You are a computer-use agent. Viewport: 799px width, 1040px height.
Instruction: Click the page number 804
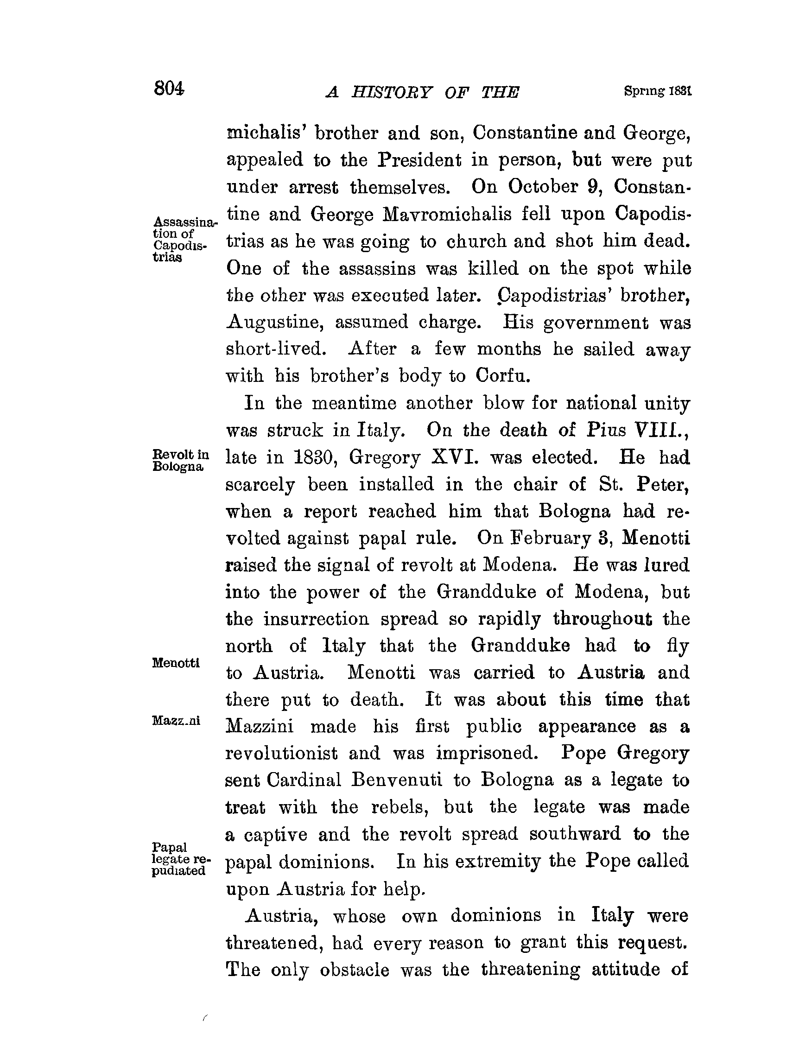(x=169, y=89)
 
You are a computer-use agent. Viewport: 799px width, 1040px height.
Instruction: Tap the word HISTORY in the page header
(x=392, y=92)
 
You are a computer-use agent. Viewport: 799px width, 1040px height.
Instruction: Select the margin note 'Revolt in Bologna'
(x=180, y=460)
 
